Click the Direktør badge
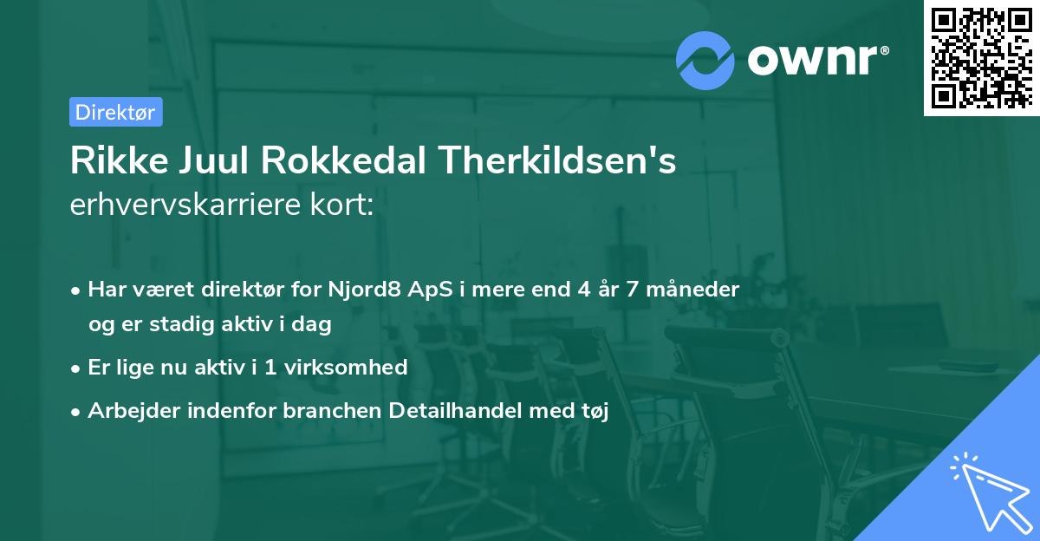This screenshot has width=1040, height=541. point(114,112)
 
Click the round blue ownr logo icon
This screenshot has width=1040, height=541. point(705,60)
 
